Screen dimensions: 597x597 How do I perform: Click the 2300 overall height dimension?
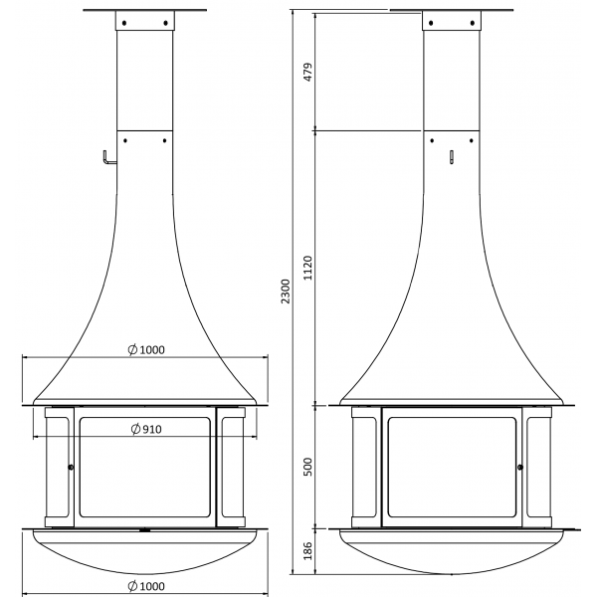click(x=286, y=292)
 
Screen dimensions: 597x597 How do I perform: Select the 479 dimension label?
click(x=307, y=72)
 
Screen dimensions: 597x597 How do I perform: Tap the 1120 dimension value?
click(x=307, y=268)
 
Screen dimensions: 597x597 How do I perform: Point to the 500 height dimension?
click(x=307, y=467)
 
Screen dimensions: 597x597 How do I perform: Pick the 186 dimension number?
click(x=307, y=550)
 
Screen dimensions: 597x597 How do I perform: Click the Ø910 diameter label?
click(x=146, y=429)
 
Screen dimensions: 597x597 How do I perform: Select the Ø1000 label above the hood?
click(x=146, y=349)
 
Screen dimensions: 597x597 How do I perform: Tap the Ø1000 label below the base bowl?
click(x=146, y=586)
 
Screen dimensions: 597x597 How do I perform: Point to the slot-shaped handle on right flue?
click(x=452, y=157)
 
